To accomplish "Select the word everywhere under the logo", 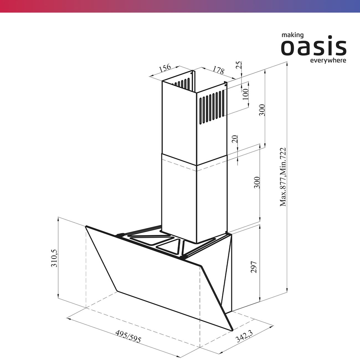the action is [x=328, y=61].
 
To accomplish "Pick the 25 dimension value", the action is [x=239, y=65].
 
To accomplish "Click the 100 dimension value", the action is [x=245, y=94].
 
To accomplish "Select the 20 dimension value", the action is [x=235, y=139].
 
